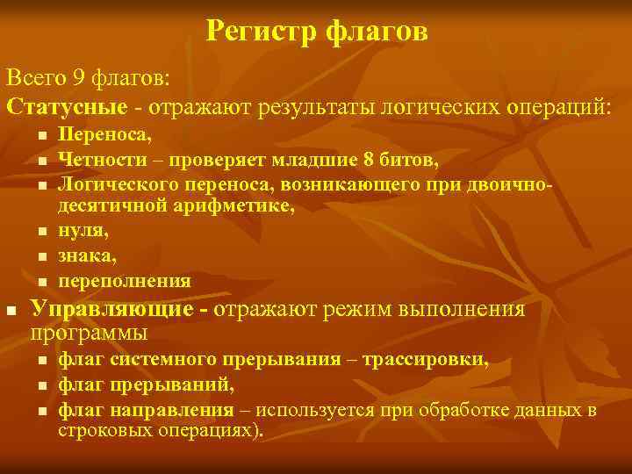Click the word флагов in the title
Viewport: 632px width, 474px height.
(x=377, y=32)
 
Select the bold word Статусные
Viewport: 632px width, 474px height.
(x=67, y=106)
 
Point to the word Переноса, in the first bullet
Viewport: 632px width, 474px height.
(x=104, y=136)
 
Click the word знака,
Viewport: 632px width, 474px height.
(x=85, y=256)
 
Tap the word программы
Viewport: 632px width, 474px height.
(x=89, y=334)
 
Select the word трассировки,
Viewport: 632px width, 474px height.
(x=427, y=360)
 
